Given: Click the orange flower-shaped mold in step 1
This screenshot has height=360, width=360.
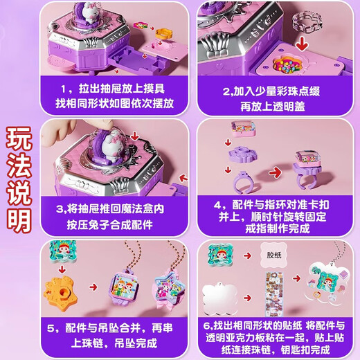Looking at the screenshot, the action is pyautogui.click(x=164, y=33).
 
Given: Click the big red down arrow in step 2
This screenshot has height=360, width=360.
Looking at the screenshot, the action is pyautogui.click(x=302, y=43).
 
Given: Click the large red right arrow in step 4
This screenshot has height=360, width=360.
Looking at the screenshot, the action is pyautogui.click(x=276, y=172).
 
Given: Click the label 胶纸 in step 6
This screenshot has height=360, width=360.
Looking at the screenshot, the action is pyautogui.click(x=274, y=255).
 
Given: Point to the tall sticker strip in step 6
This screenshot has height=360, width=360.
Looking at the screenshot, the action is pyautogui.click(x=275, y=294).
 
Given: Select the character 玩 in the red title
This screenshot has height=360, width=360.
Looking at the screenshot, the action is pyautogui.click(x=19, y=138).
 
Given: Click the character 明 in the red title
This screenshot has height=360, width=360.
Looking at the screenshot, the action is pyautogui.click(x=19, y=220).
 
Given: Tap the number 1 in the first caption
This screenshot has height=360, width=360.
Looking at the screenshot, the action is pyautogui.click(x=63, y=89).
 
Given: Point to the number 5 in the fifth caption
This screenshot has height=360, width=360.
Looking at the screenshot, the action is pyautogui.click(x=51, y=328).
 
